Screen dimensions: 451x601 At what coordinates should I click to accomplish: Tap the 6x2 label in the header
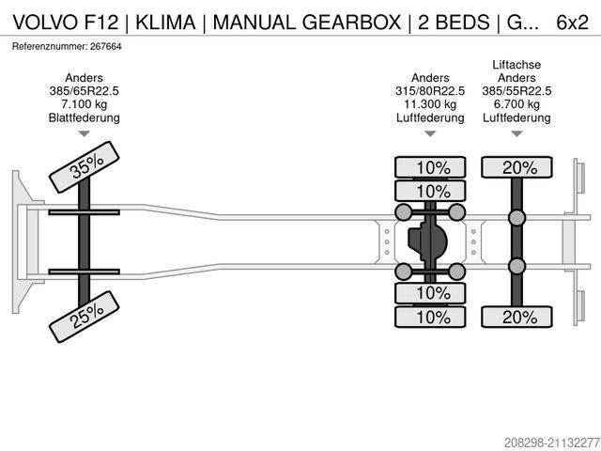pyautogui.click(x=574, y=21)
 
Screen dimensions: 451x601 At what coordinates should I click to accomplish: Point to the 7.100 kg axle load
pyautogui.click(x=85, y=104)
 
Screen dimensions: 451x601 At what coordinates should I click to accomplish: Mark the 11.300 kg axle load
pyautogui.click(x=430, y=104)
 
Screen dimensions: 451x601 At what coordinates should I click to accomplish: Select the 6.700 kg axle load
pyautogui.click(x=517, y=104)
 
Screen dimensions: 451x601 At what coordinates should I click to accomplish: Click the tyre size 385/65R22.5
pyautogui.click(x=85, y=91)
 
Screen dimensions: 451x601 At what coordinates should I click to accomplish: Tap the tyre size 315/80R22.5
pyautogui.click(x=430, y=91)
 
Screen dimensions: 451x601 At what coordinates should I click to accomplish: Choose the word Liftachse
pyautogui.click(x=517, y=65)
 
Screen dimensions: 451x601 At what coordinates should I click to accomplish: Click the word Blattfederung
pyautogui.click(x=85, y=117)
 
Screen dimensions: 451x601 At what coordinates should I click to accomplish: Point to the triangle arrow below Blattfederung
pyautogui.click(x=85, y=134)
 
